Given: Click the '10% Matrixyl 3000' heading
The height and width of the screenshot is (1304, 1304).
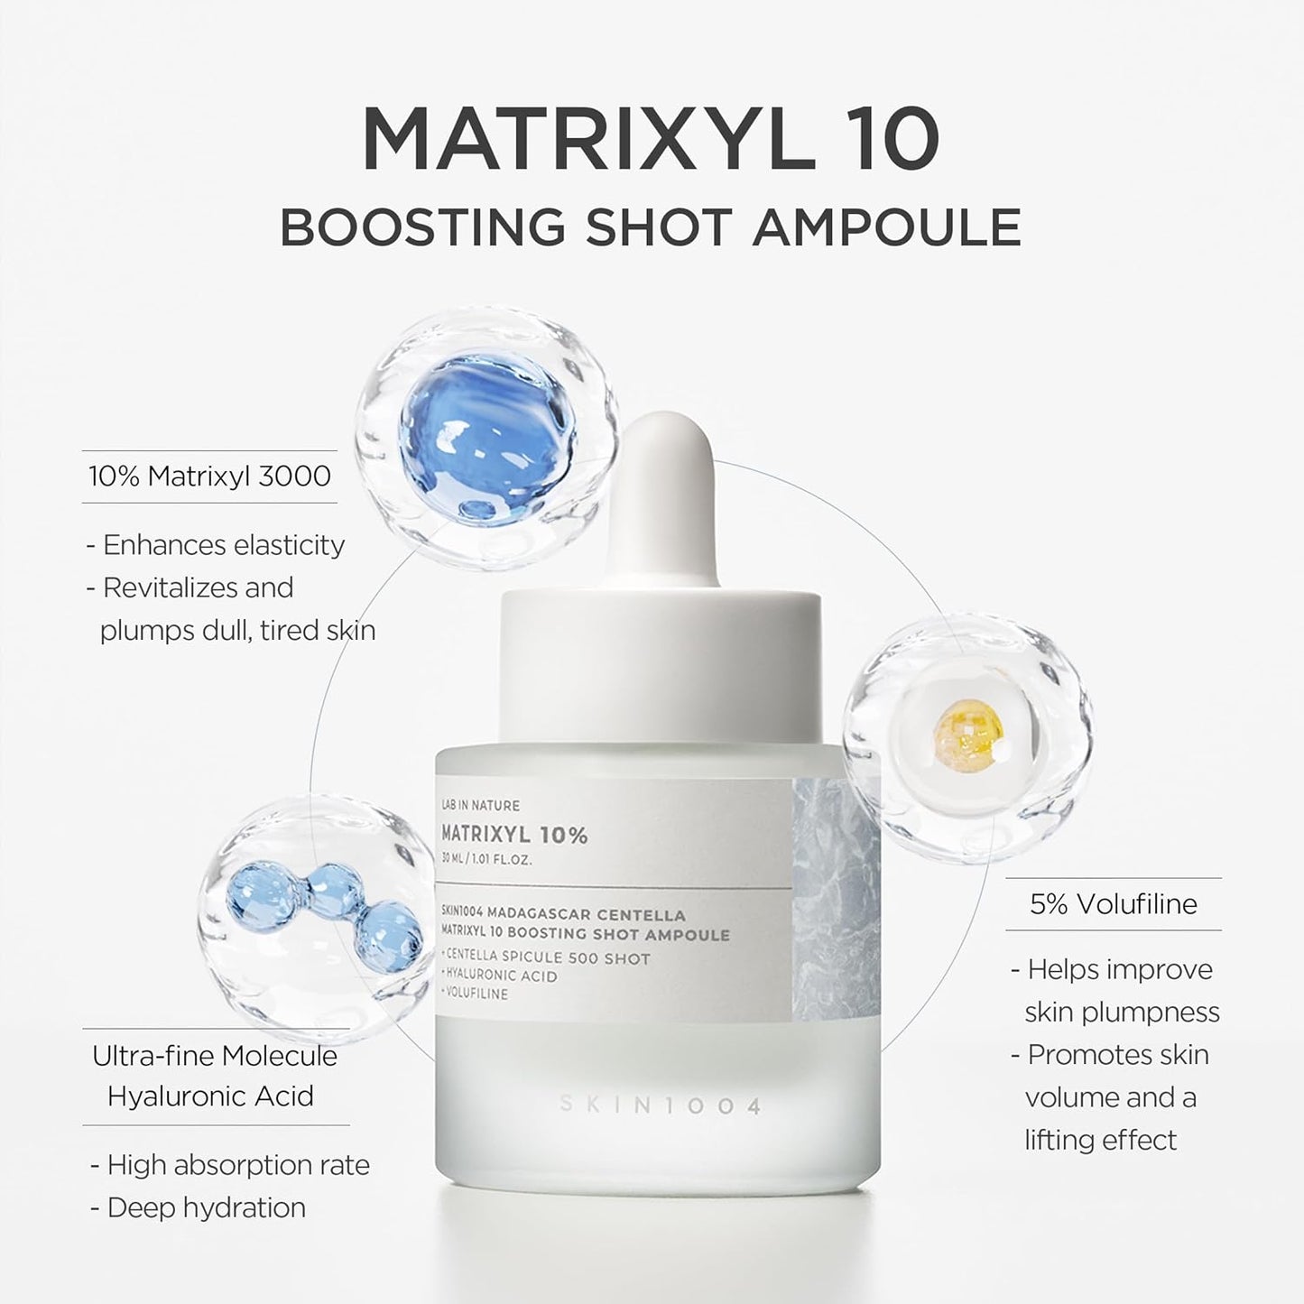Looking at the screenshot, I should coord(209,476).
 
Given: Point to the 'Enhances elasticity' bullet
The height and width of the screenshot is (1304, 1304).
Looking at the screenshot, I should coord(217,545).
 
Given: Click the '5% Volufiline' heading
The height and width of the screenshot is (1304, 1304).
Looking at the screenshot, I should coord(1114,904).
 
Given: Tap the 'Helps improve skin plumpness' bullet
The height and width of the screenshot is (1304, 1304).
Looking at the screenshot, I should coord(1115,990).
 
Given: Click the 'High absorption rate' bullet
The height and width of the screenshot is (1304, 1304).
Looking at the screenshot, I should coord(230,1165).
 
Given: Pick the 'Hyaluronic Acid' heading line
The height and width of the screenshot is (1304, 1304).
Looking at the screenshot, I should coord(211,1096).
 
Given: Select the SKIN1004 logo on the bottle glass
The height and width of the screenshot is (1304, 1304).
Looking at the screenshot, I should coord(660,1105).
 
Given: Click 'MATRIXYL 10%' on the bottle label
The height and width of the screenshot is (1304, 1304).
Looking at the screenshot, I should coord(514,835).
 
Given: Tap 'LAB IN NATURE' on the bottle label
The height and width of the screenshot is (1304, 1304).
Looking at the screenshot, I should coord(480,805).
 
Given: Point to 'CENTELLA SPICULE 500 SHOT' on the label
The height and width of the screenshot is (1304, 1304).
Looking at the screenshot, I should coord(547,957).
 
